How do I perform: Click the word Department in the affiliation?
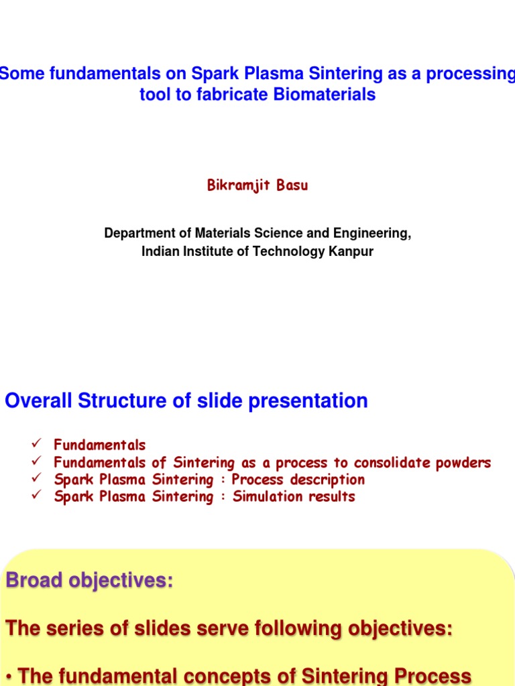[x=137, y=233]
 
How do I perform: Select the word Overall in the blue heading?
[x=39, y=401]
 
